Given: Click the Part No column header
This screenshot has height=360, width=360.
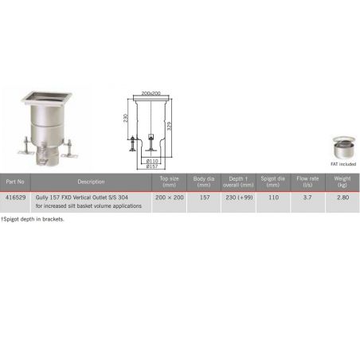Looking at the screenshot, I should [x=16, y=182].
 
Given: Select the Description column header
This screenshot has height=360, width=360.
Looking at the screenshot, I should [x=91, y=182].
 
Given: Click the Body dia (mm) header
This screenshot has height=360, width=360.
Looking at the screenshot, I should [x=205, y=182].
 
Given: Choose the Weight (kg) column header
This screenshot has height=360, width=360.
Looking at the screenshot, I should [x=342, y=182].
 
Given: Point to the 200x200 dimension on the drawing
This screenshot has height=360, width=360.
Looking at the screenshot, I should [x=151, y=94].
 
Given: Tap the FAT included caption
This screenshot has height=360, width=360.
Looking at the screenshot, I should [x=344, y=164].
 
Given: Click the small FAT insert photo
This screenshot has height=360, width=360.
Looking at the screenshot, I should [x=344, y=148].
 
